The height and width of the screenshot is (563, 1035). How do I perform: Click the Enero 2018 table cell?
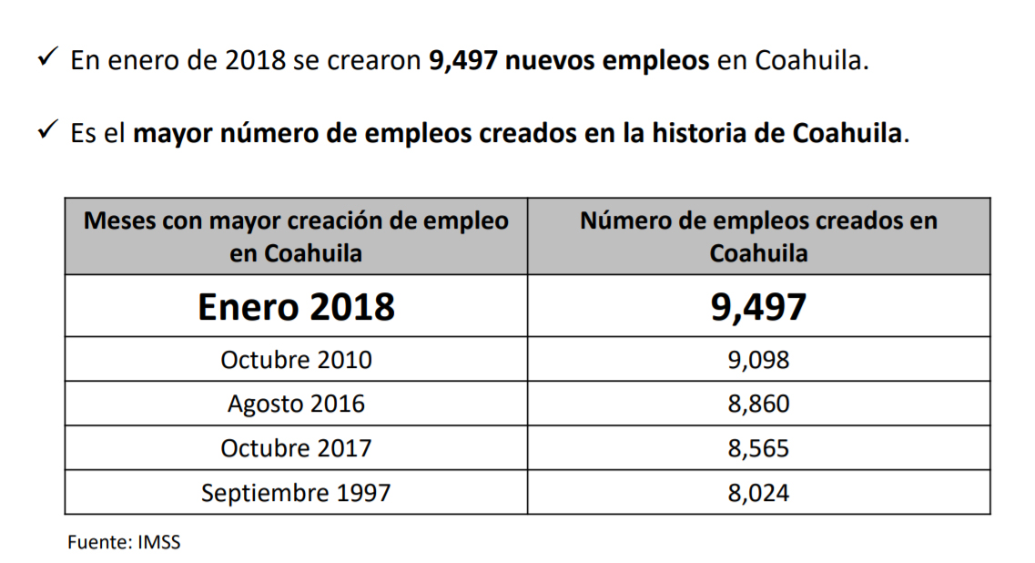point(296,307)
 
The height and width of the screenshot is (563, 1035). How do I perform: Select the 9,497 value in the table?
point(758,307)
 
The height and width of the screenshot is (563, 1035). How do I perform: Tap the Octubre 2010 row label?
point(296,360)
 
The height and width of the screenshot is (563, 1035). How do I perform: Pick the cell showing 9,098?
point(758,360)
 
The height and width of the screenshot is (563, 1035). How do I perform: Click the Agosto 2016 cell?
point(296,404)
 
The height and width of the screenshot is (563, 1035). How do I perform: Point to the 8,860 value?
point(758,404)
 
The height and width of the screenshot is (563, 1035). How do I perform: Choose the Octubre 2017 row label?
point(296,448)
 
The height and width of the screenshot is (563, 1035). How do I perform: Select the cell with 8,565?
point(758,448)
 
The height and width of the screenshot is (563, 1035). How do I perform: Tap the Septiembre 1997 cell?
point(296,493)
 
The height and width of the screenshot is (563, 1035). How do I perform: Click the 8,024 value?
point(758,493)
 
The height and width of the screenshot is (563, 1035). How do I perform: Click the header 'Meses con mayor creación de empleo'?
point(296,236)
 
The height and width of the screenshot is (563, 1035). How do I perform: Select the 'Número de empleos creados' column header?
point(758,236)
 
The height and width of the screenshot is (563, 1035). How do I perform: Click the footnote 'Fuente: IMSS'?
point(124,542)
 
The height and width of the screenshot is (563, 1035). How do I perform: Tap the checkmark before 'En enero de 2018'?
point(47,59)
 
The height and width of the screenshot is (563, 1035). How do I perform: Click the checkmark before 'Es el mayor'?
point(47,131)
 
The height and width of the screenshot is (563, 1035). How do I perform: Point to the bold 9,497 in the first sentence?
point(462,62)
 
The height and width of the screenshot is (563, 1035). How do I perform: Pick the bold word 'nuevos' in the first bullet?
point(550,62)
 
